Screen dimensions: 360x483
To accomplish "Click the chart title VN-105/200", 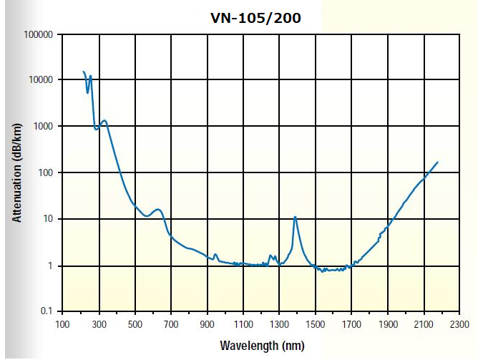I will [255, 18].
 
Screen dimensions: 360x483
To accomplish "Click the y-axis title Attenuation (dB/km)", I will [16, 172].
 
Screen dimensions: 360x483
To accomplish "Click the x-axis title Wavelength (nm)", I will [261, 346].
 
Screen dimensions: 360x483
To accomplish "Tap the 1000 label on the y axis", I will [45, 126].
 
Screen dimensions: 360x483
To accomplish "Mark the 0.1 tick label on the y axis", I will [48, 312].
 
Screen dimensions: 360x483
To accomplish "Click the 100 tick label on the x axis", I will [63, 324].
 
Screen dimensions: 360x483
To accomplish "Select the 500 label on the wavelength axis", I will [135, 324].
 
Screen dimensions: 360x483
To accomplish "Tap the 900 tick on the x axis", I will [208, 324].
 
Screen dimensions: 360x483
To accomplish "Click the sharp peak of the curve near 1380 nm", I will [295, 217].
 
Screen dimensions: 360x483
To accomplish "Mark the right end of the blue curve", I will [437, 162].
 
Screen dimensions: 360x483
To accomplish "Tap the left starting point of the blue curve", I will [84, 72].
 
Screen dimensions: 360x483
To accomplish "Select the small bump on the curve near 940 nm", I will [215, 254].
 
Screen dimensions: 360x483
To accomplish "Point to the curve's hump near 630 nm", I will [158, 209].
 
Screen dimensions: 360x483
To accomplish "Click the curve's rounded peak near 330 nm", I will [104, 120].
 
